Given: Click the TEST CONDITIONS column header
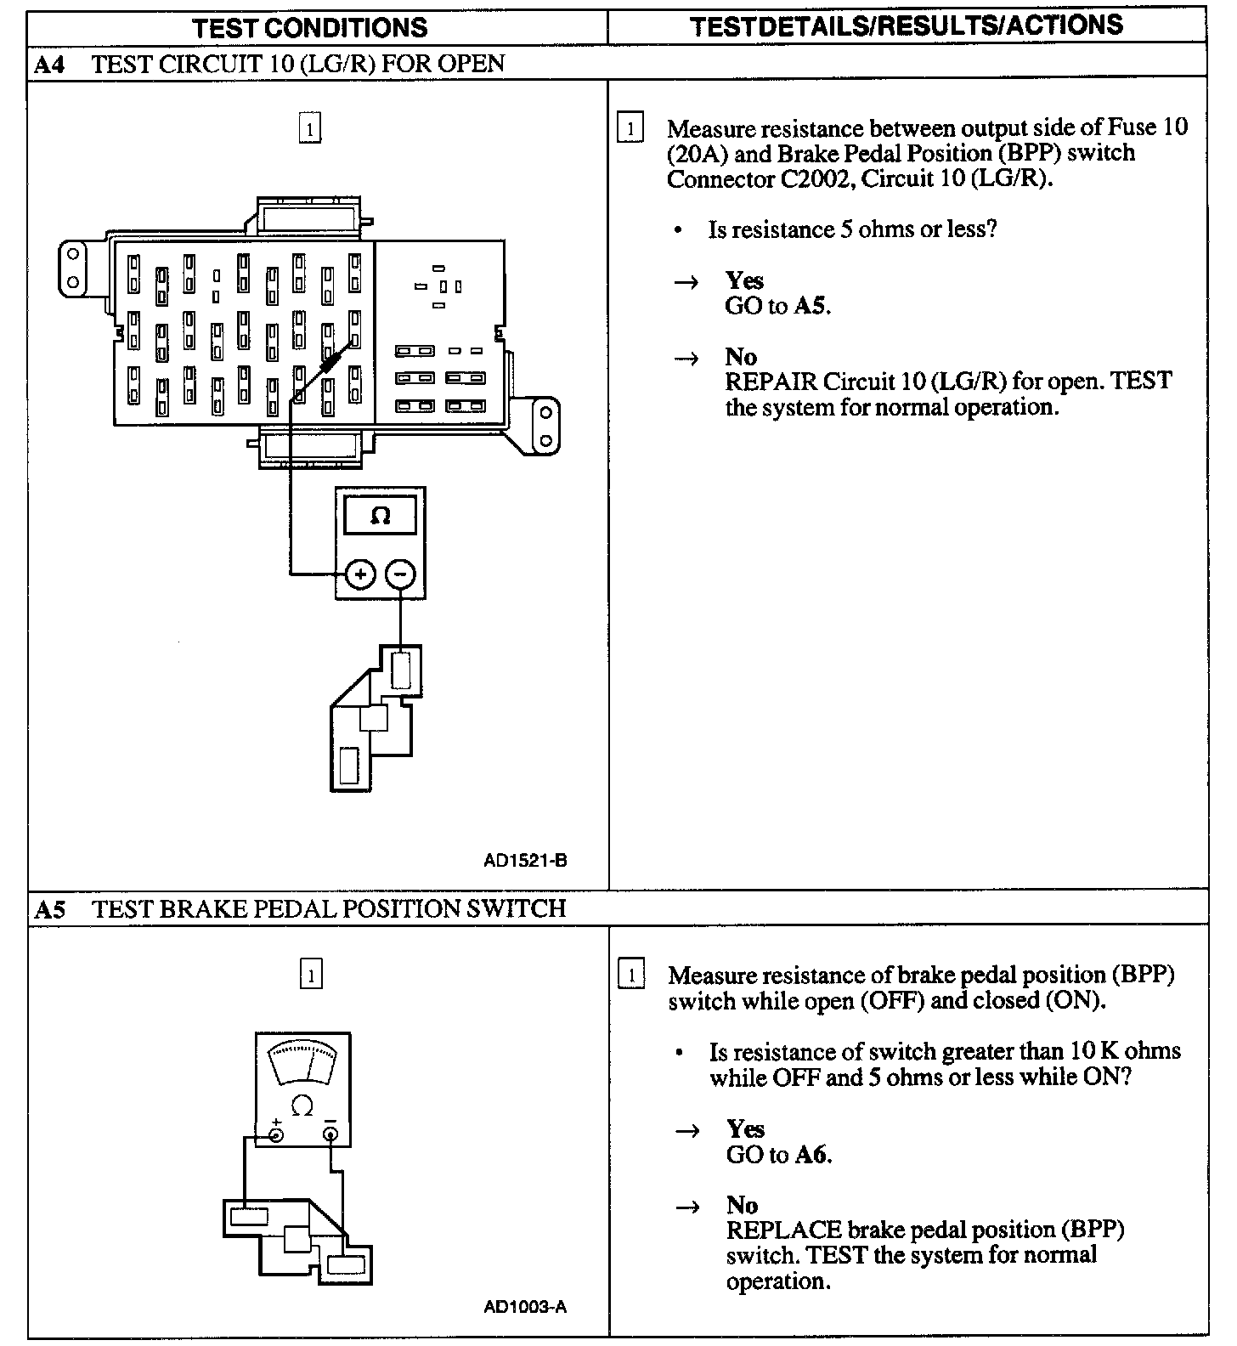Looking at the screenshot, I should pyautogui.click(x=310, y=27).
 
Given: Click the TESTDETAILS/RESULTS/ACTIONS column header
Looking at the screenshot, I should pyautogui.click(x=907, y=26).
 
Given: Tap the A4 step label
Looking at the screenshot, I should pyautogui.click(x=50, y=65).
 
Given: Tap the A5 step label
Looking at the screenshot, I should pyautogui.click(x=50, y=909).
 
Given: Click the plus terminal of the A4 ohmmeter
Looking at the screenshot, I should pyautogui.click(x=361, y=575).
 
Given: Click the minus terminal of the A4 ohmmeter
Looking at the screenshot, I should pyautogui.click(x=400, y=575).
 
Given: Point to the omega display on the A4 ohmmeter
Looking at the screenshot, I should pyautogui.click(x=380, y=516).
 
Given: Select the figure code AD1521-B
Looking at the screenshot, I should pyautogui.click(x=525, y=860).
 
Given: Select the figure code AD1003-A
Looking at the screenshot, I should pyautogui.click(x=525, y=1307).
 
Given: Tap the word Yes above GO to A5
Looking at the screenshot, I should pyautogui.click(x=744, y=280).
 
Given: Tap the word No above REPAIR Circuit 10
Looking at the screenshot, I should pyautogui.click(x=741, y=356).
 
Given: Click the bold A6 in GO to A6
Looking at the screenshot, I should pyautogui.click(x=813, y=1154).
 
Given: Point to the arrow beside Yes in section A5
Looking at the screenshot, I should pyautogui.click(x=687, y=1130).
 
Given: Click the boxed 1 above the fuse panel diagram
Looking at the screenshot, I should pyautogui.click(x=310, y=129).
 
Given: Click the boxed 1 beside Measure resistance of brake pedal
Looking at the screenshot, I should pyautogui.click(x=630, y=975).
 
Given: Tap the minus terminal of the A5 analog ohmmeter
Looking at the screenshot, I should pyautogui.click(x=330, y=1134).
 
